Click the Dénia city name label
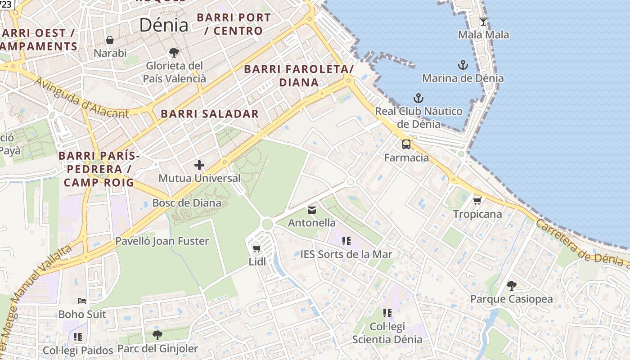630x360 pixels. click(x=163, y=25)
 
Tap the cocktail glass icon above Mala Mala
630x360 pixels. click(x=483, y=21)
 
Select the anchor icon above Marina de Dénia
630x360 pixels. click(x=463, y=65)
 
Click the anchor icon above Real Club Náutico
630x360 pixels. click(x=418, y=98)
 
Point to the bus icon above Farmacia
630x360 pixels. click(x=406, y=144)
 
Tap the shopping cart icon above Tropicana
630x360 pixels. click(x=477, y=200)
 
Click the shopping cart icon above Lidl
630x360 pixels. click(x=257, y=248)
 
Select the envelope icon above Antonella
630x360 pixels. click(x=312, y=210)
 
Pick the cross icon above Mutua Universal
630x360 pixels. click(x=199, y=165)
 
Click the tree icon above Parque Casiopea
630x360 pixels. click(x=511, y=285)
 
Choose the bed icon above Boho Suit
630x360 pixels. click(x=81, y=301)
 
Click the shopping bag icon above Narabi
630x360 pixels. click(x=110, y=40)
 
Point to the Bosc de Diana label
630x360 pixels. click(x=187, y=202)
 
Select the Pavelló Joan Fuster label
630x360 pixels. click(x=162, y=241)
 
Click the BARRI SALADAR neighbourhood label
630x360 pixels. click(x=210, y=114)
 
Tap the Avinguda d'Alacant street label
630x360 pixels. click(x=81, y=98)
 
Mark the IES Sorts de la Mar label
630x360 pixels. click(x=346, y=254)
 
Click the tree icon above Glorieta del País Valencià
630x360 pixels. click(x=174, y=53)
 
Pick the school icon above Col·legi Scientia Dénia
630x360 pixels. click(x=387, y=313)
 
